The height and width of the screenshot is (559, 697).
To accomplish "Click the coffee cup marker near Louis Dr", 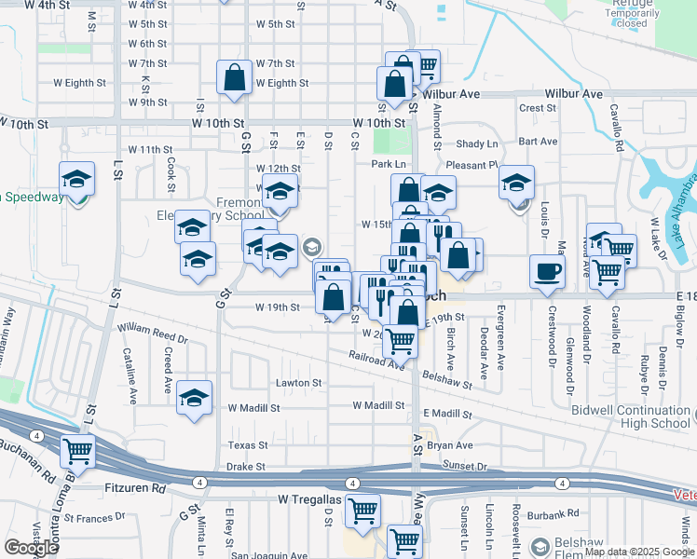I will tap(547, 271).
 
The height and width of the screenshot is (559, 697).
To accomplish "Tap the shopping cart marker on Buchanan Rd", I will tap(77, 452).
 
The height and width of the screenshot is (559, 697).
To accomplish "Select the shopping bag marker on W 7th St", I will tap(235, 78).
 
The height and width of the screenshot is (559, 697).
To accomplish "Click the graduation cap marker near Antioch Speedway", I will tap(77, 178).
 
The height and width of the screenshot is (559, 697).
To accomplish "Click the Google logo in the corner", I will tap(31, 547).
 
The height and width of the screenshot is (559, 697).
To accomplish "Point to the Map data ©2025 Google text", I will tap(639, 552).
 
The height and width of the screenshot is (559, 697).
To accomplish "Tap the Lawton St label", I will tap(298, 383).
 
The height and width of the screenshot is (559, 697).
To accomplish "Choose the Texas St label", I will tap(248, 445).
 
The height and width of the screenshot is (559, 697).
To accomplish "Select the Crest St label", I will tap(538, 108).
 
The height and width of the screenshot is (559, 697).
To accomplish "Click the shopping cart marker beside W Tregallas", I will tap(362, 510).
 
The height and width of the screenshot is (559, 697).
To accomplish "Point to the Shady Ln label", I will tap(476, 143).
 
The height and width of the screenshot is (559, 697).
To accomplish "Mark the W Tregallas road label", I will tap(311, 500).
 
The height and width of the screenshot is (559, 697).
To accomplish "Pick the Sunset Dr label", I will tap(465, 466).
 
